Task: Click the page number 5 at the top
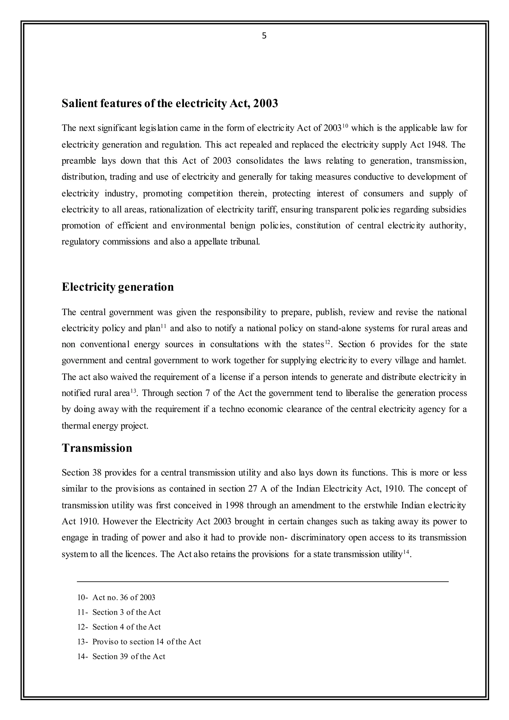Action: click(264, 36)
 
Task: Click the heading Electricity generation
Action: click(118, 287)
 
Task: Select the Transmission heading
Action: click(97, 448)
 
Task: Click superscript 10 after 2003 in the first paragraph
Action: click(345, 126)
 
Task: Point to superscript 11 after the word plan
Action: click(163, 326)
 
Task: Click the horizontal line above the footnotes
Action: click(263, 582)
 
